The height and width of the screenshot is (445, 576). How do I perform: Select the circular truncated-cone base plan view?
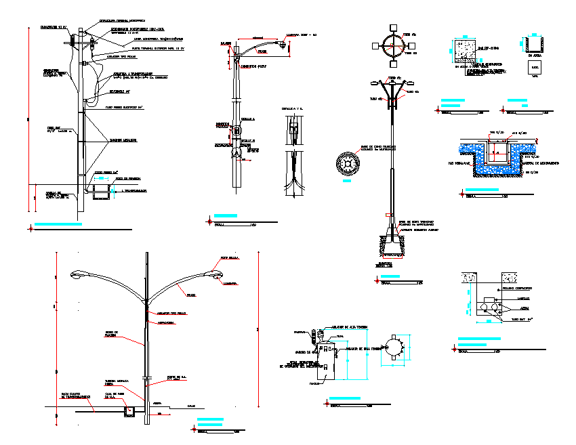point(348,164)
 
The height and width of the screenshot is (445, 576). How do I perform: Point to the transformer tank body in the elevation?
point(330,364)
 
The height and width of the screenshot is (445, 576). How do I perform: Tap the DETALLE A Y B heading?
point(293,108)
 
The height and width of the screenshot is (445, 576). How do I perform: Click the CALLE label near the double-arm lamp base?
point(191,406)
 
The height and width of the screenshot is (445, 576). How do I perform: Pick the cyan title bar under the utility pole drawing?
point(59,223)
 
